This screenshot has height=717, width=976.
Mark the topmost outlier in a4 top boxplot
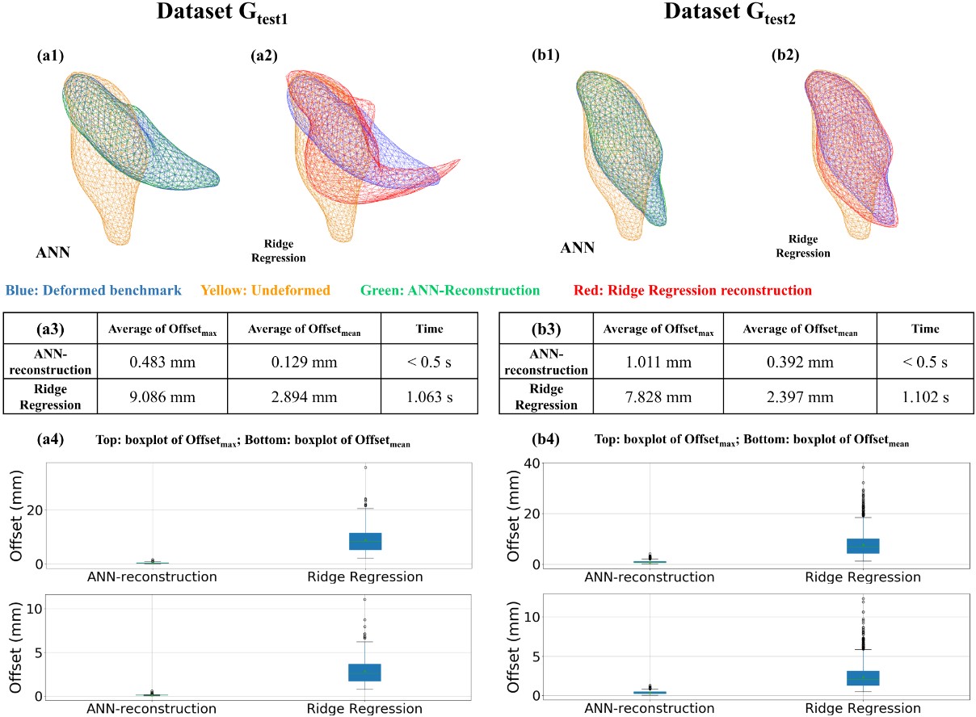point(365,468)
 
